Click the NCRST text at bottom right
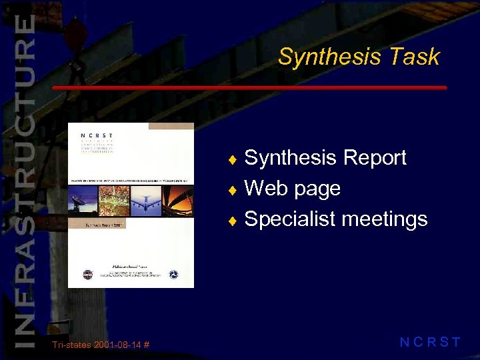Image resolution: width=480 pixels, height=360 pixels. coord(430,343)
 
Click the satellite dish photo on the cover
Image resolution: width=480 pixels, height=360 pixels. coord(85,198)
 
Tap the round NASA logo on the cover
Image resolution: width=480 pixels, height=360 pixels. coord(89,274)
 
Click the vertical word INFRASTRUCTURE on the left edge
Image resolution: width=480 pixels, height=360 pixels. coord(24,180)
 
